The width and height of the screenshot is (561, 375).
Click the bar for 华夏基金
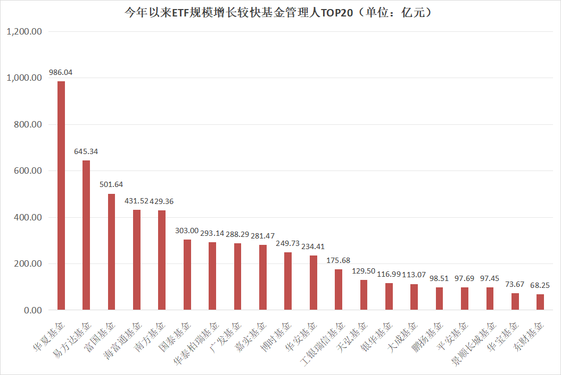pos(61,195)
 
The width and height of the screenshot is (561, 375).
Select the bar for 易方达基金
pos(86,235)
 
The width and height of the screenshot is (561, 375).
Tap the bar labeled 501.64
pos(111,252)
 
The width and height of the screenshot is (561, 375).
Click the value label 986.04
pos(61,72)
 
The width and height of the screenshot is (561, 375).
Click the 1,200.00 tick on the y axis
pos(23,31)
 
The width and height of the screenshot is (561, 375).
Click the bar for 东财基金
pos(540,302)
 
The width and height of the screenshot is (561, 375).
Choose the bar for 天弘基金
pos(364,295)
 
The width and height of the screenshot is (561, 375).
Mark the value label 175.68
pos(339,260)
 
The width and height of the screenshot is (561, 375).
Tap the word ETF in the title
pos(180,12)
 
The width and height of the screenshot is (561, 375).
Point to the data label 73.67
pos(515,285)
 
